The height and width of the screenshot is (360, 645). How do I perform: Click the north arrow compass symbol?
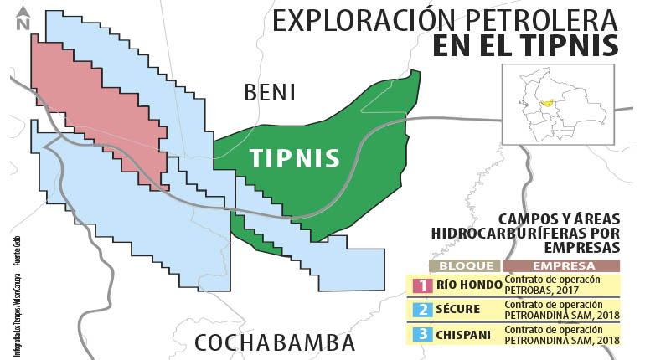click(x=23, y=18)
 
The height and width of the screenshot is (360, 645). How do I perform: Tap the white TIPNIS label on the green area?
click(x=295, y=158)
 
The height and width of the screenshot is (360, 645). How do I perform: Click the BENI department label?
click(x=270, y=92)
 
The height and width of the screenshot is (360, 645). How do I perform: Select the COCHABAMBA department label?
click(x=275, y=342)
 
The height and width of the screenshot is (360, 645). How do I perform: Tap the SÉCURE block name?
click(x=459, y=310)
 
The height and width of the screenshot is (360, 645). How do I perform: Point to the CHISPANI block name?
click(x=463, y=335)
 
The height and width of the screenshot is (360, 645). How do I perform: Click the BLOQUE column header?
click(x=465, y=266)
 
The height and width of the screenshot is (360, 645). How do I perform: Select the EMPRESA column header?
click(x=561, y=266)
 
